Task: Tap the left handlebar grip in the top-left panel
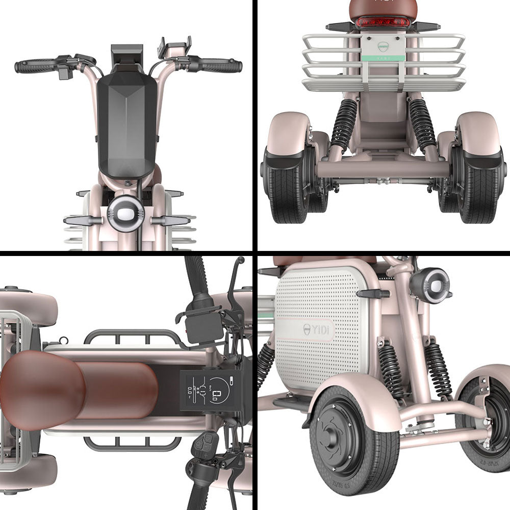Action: (x=35, y=66)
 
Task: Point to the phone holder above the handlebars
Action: (x=175, y=47)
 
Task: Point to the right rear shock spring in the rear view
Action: (x=422, y=122)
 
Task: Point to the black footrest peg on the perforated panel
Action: (x=373, y=293)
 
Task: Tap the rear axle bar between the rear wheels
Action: (x=382, y=170)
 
